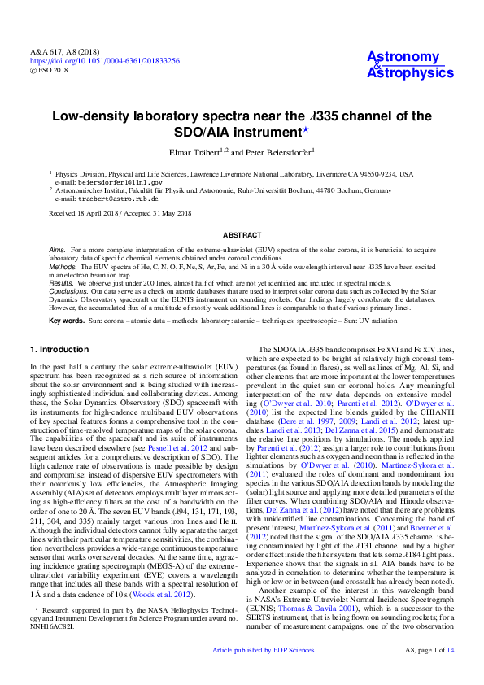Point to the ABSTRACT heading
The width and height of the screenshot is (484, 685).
point(242,233)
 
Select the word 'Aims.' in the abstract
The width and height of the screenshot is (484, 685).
point(57,247)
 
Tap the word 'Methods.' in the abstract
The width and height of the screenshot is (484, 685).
point(62,265)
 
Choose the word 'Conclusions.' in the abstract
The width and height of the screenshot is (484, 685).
point(68,291)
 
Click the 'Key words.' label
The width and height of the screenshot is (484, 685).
point(66,321)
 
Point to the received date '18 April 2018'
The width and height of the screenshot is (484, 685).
point(102,214)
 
